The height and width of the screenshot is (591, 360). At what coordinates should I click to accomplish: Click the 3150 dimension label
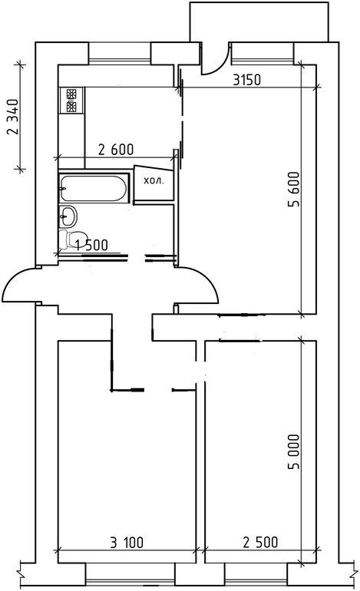pos(246,80)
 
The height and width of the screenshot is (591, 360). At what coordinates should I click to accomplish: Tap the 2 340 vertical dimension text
pos(12,117)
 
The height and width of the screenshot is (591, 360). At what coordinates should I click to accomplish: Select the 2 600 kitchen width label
pos(116,150)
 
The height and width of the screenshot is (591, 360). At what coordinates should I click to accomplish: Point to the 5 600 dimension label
pos(293,190)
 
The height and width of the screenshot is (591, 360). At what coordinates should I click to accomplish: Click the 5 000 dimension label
pos(293,451)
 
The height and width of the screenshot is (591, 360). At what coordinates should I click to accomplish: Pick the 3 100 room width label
pos(127,543)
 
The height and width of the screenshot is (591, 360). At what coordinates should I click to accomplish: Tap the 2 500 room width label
pos(260,542)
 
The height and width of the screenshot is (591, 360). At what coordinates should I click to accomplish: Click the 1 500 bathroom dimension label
pos(91,245)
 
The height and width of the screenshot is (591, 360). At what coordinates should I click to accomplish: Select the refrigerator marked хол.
pos(154,185)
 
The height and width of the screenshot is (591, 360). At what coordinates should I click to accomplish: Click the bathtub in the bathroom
pos(94,188)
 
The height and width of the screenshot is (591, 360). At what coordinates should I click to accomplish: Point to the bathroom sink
pos(68,216)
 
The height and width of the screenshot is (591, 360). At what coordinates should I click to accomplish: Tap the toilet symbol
pos(69,239)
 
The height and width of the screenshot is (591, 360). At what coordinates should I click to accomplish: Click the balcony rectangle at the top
pos(259,21)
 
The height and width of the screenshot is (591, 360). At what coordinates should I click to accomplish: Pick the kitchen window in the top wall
pos(120,54)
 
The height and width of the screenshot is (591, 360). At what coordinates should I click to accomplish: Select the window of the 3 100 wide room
pos(130,575)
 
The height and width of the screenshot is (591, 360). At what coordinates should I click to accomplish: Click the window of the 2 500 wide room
pos(256,575)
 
